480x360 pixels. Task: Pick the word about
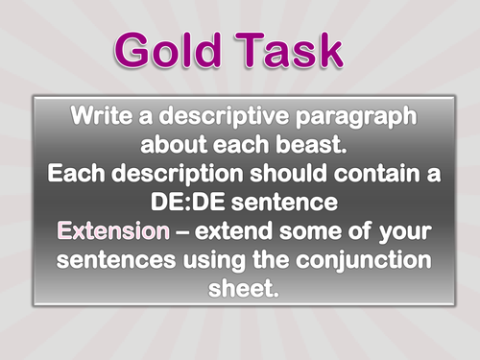point(173,149)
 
